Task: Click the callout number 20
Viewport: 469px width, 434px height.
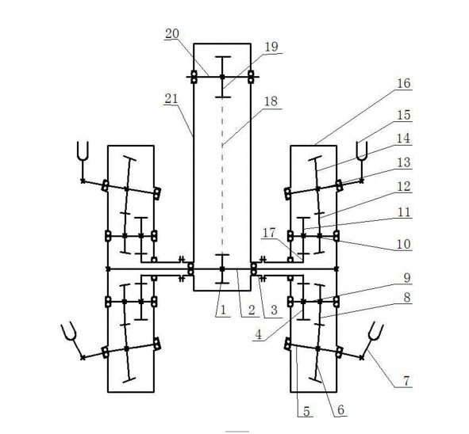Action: [x=172, y=34]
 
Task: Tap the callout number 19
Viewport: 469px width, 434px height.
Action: [x=271, y=47]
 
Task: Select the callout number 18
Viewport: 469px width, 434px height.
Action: [x=271, y=101]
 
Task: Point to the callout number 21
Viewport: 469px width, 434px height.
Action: [x=171, y=99]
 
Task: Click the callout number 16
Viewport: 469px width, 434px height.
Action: [x=403, y=83]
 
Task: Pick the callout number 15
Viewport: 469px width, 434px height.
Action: [x=403, y=115]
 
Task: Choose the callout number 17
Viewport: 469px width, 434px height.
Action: [x=269, y=233]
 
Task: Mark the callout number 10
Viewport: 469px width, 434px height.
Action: [x=403, y=244]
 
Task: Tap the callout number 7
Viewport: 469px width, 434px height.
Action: [x=406, y=381]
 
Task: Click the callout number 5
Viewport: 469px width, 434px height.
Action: [x=306, y=411]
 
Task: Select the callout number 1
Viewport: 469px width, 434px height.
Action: [x=222, y=310]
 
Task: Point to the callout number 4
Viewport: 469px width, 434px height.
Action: [x=258, y=335]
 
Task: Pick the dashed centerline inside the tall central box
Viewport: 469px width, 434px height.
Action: [x=222, y=176]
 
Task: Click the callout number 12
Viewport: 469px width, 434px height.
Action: [x=403, y=187]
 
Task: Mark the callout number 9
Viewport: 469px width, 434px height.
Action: [x=407, y=278]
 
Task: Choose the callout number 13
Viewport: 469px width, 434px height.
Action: [x=403, y=162]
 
